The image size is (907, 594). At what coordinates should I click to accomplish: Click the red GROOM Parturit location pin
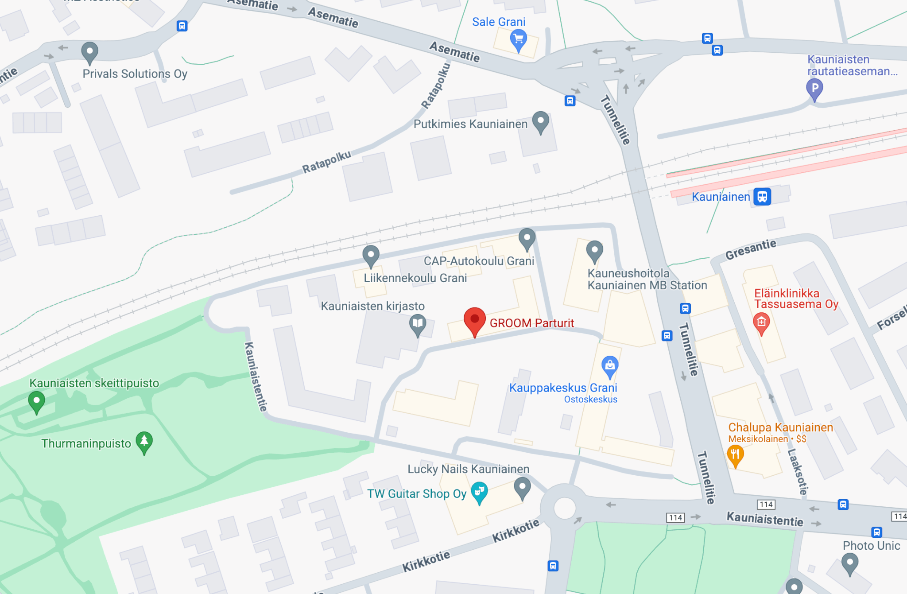click(x=474, y=320)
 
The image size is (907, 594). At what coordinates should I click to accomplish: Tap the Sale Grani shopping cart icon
click(x=518, y=39)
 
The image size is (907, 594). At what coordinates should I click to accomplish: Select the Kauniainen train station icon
click(x=762, y=197)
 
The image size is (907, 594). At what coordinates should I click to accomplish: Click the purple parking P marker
click(x=814, y=88)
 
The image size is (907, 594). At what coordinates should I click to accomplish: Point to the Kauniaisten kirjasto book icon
click(x=417, y=324)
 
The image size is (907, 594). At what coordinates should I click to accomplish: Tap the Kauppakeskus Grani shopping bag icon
click(x=610, y=366)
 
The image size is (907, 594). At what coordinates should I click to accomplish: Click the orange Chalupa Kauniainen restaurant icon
click(x=735, y=454)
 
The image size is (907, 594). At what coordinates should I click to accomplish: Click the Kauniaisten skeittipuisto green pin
click(x=36, y=401)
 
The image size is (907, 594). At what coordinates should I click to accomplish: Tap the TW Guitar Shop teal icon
click(x=479, y=492)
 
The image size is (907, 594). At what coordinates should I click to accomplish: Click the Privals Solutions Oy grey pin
click(x=89, y=52)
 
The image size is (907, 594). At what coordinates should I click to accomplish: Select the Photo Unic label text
click(x=871, y=546)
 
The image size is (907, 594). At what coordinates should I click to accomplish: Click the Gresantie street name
click(x=750, y=249)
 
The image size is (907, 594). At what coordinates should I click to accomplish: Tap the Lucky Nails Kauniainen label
click(x=468, y=469)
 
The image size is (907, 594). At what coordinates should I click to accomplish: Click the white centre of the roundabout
click(x=564, y=508)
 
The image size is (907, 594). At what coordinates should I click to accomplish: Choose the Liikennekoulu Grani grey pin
click(x=371, y=255)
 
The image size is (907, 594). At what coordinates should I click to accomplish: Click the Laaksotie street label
click(x=798, y=471)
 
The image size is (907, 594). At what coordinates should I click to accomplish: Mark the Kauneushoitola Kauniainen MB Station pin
click(x=594, y=251)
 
